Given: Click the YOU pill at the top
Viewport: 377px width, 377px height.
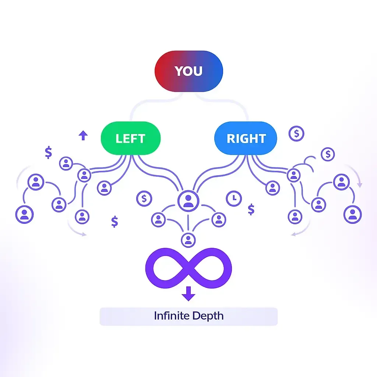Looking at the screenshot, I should pos(188,71).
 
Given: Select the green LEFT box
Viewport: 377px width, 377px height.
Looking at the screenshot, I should pos(131,138).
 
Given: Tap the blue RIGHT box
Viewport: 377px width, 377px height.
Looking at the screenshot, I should pos(246,138).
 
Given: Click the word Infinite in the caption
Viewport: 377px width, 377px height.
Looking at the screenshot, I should pos(169,316).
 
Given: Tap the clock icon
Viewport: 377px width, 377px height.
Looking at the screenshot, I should pos(233,198).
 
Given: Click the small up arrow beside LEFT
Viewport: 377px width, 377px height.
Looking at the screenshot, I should pos(83,135).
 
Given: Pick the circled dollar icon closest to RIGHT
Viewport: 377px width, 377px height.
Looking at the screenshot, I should pos(296,133).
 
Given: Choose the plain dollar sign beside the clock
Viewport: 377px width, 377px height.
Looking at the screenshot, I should pos(251,209).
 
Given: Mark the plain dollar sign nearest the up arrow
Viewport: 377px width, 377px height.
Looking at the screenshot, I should pos(48,152).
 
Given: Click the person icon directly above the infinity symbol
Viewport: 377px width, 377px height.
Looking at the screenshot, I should pos(188,240).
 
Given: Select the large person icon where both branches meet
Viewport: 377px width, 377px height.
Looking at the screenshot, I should pos(188,200).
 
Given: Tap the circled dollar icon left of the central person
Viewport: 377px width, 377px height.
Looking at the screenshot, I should pos(144,199).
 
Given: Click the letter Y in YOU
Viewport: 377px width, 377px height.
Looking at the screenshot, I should pos(178,71).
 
